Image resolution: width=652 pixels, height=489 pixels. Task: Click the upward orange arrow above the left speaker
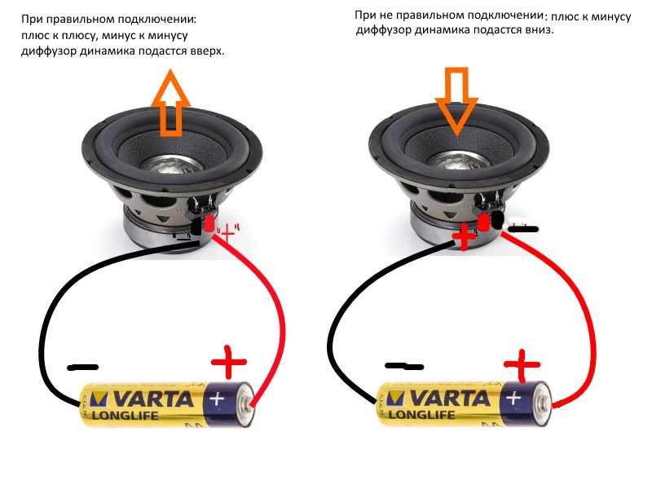click(x=170, y=104)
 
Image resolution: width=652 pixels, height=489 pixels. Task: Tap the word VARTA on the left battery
click(x=153, y=399)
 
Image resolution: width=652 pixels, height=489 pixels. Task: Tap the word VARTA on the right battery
click(x=451, y=399)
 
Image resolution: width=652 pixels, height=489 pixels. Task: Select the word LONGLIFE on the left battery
click(x=126, y=416)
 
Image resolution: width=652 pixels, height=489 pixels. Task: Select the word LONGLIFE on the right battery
click(x=421, y=415)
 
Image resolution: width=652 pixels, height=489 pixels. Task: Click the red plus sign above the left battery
click(x=229, y=362)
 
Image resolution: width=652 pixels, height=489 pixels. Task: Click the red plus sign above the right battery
click(x=522, y=365)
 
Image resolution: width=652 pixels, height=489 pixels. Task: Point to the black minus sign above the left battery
click(x=83, y=368)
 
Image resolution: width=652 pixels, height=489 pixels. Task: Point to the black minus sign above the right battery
click(x=404, y=366)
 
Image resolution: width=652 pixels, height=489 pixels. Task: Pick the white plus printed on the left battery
click(x=217, y=399)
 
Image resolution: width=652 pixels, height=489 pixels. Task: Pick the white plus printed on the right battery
click(x=513, y=398)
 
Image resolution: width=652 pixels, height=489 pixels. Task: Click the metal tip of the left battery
click(x=247, y=403)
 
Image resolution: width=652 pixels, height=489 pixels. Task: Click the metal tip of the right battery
click(x=544, y=403)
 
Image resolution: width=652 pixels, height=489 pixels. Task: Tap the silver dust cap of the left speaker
click(x=172, y=164)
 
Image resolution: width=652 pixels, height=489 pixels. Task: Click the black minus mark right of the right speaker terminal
click(x=523, y=228)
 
